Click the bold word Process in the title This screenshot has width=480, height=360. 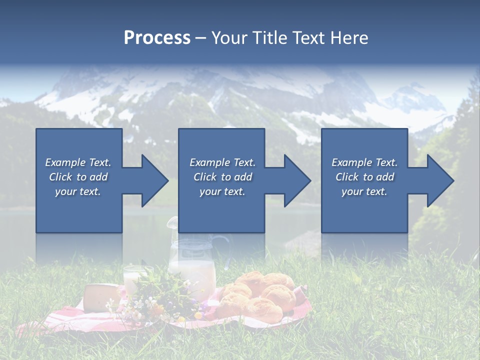[x=157, y=38]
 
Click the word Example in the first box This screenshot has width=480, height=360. [x=65, y=162]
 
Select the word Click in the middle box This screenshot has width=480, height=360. [x=204, y=177]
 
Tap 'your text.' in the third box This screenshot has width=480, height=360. [x=364, y=191]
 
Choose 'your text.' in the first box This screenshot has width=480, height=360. [x=78, y=191]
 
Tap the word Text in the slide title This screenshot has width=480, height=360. [x=309, y=38]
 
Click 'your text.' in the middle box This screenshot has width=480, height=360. [x=222, y=191]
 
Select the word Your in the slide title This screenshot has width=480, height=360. [x=229, y=38]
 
